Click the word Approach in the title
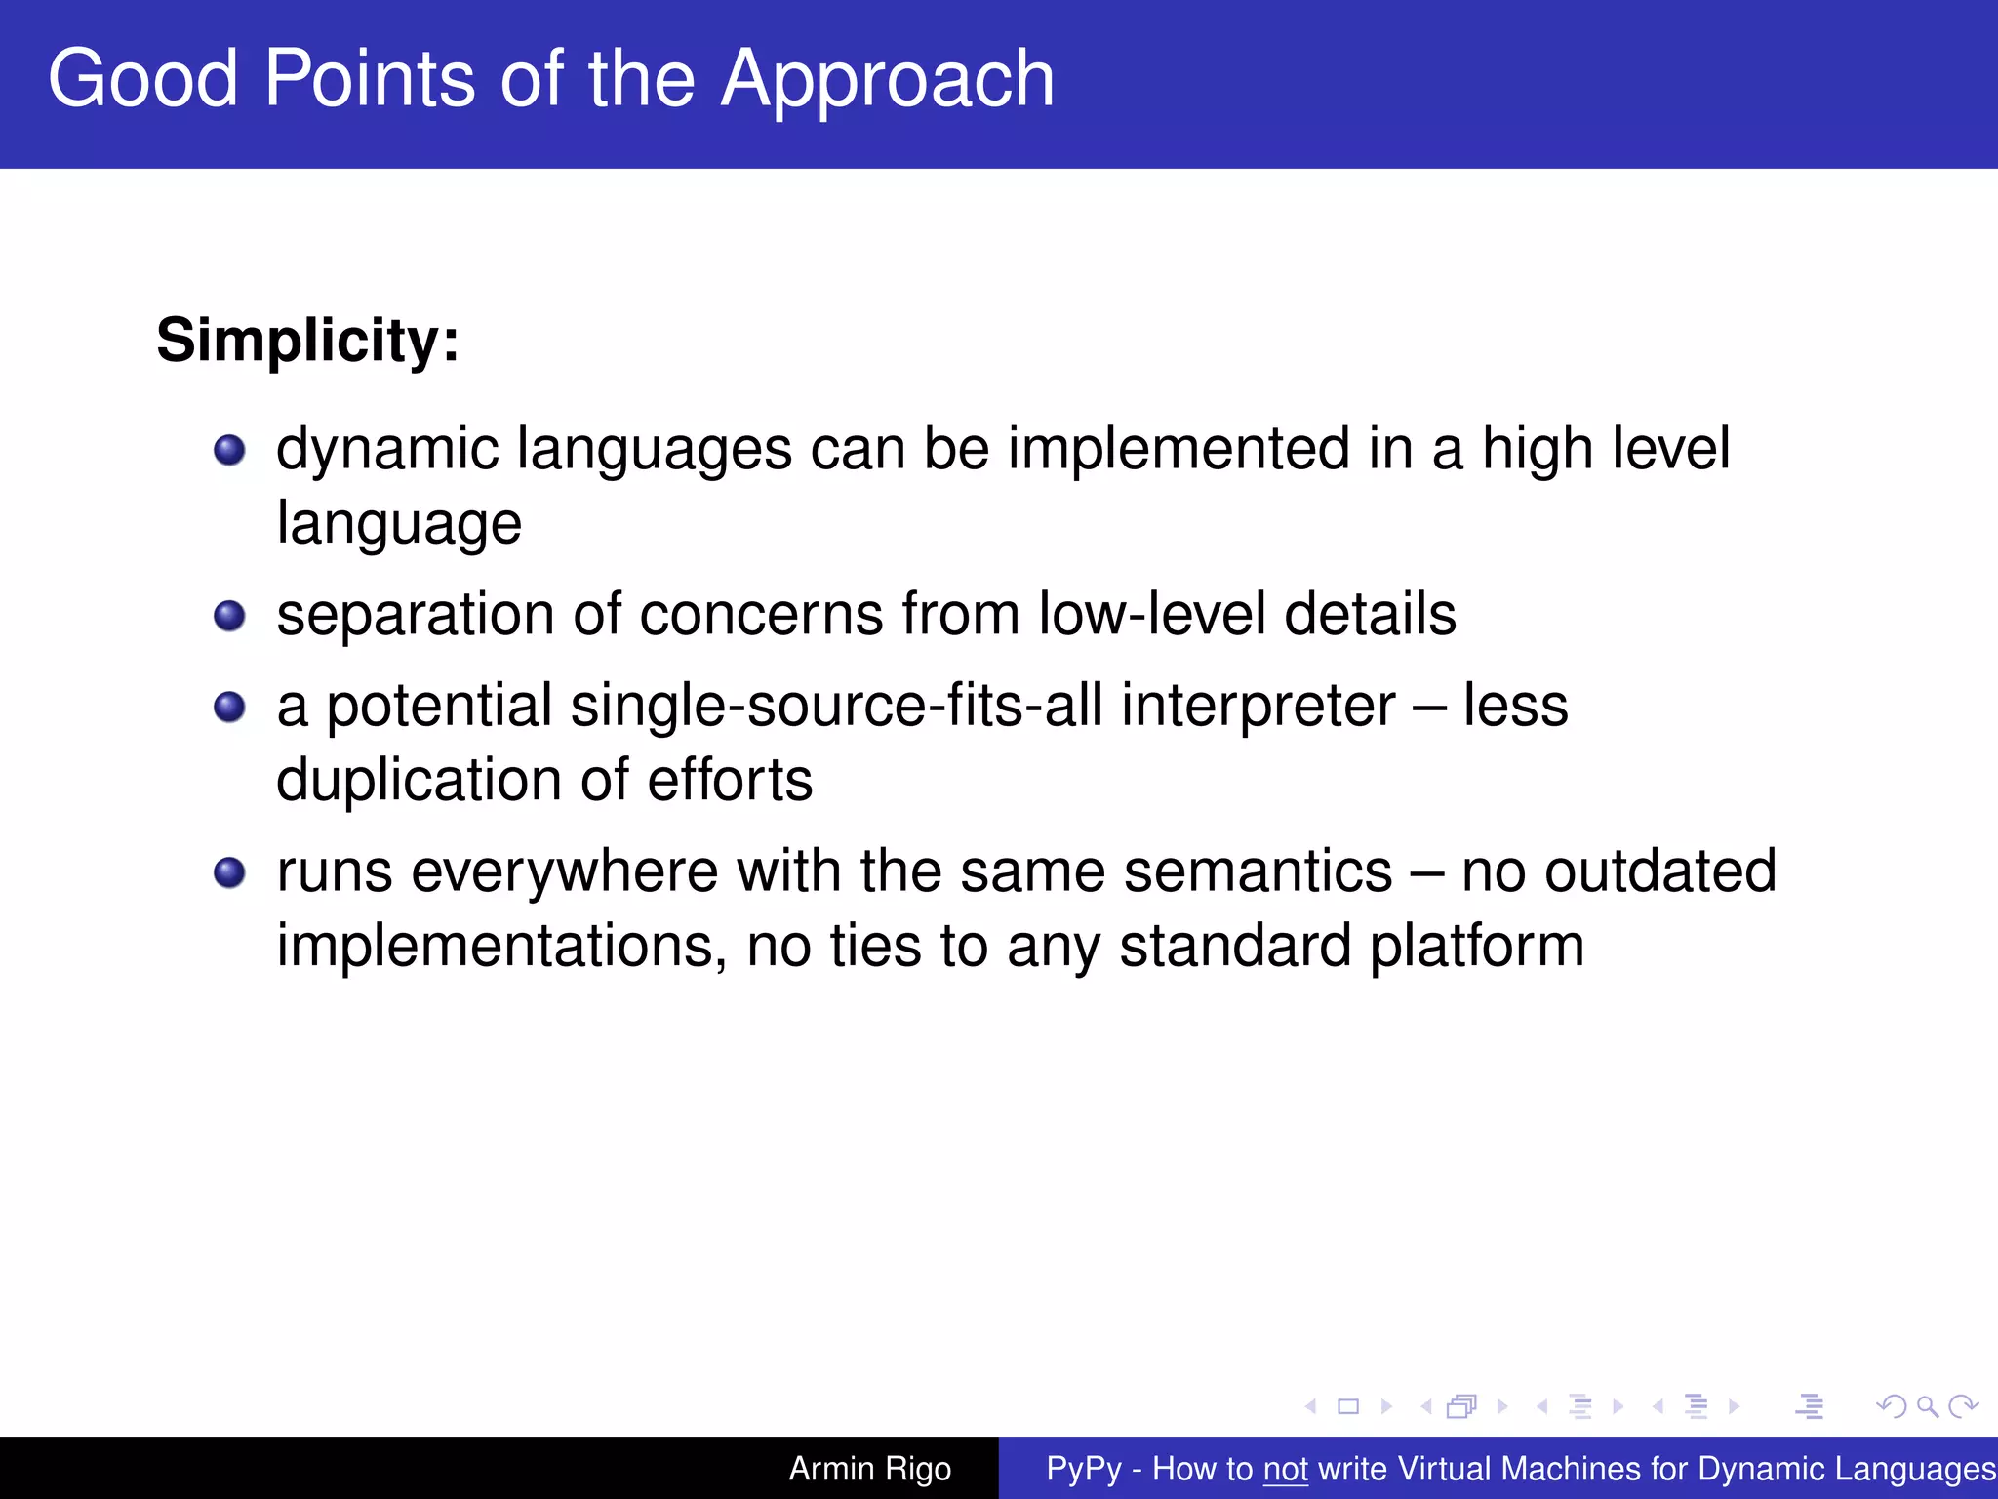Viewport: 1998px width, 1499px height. tap(887, 80)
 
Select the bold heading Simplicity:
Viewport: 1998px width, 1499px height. tap(307, 341)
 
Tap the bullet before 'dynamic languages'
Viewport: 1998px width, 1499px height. tap(229, 450)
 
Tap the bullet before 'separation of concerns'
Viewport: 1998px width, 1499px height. tap(229, 616)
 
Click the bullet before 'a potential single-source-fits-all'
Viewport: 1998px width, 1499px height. tap(229, 707)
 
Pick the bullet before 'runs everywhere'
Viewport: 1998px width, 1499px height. tap(229, 872)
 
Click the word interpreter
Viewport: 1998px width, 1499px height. tap(1259, 707)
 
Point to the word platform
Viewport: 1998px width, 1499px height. tap(1477, 947)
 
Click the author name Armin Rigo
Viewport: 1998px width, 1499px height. tap(869, 1469)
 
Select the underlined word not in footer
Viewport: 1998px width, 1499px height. tap(1285, 1469)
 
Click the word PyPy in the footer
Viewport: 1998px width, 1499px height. tap(1083, 1469)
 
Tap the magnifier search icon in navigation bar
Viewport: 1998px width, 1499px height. tap(1927, 1406)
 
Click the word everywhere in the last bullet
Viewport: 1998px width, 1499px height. tap(564, 871)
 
